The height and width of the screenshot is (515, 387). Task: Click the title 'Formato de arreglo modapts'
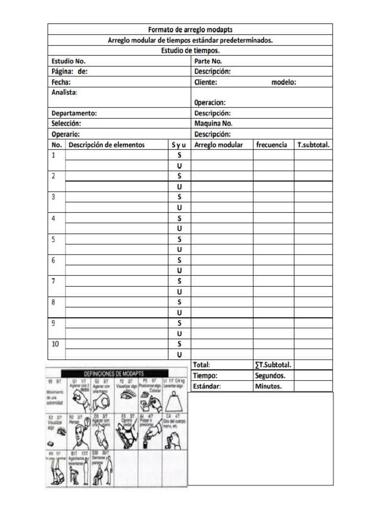pyautogui.click(x=190, y=30)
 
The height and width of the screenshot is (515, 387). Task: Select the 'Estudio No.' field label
pyautogui.click(x=72, y=61)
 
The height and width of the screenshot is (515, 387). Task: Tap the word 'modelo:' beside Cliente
pyautogui.click(x=284, y=82)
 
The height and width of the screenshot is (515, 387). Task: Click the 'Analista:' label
pyautogui.click(x=64, y=92)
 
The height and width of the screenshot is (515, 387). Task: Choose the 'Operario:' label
pyautogui.click(x=66, y=134)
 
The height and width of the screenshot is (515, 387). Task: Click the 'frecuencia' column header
pyautogui.click(x=272, y=145)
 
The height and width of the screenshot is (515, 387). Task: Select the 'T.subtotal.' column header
pyautogui.click(x=313, y=145)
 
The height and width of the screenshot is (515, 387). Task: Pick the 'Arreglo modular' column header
pyautogui.click(x=218, y=145)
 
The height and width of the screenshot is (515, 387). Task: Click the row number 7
pyautogui.click(x=54, y=280)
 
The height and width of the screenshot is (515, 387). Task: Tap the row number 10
pyautogui.click(x=55, y=344)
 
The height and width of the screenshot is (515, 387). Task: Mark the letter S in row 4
pyautogui.click(x=179, y=218)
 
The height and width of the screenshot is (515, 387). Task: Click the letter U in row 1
pyautogui.click(x=179, y=165)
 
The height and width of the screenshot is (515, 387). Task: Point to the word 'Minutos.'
pyautogui.click(x=268, y=386)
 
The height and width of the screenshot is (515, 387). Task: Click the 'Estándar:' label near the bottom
pyautogui.click(x=207, y=386)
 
